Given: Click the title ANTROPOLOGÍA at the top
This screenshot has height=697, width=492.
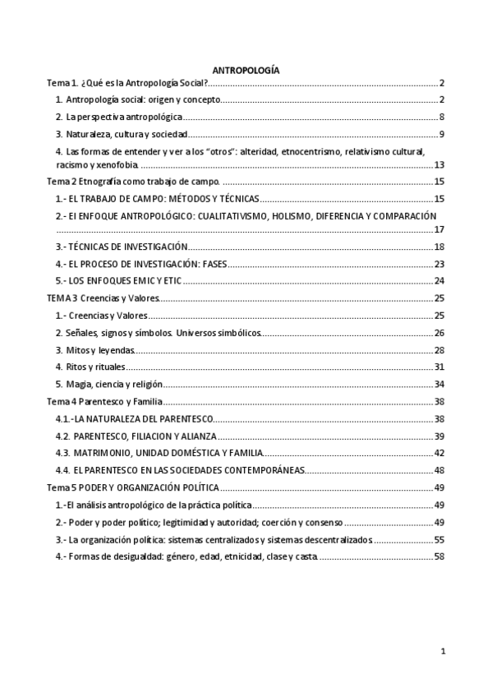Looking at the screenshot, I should click(246, 71).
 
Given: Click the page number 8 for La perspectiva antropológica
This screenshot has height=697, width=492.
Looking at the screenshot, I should click(441, 117).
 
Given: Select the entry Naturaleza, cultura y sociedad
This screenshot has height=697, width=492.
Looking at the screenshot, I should click(122, 134).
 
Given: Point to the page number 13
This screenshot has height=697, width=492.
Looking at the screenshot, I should click(439, 165).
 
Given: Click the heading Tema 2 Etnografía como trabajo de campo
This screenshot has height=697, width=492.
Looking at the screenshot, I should click(133, 181).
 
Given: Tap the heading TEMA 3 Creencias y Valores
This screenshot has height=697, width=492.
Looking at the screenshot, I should click(103, 298).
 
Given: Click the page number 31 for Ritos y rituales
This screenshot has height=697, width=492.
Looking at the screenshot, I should click(439, 367).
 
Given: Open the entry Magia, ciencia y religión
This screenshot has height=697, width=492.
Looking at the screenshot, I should click(108, 384).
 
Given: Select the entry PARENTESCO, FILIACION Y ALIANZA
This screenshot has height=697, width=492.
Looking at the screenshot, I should click(136, 436).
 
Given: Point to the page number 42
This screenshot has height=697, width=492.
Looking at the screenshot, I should click(439, 453).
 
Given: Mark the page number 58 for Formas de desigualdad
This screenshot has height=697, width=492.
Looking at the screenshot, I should click(439, 556).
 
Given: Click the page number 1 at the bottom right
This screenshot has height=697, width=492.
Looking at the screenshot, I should click(443, 653).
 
